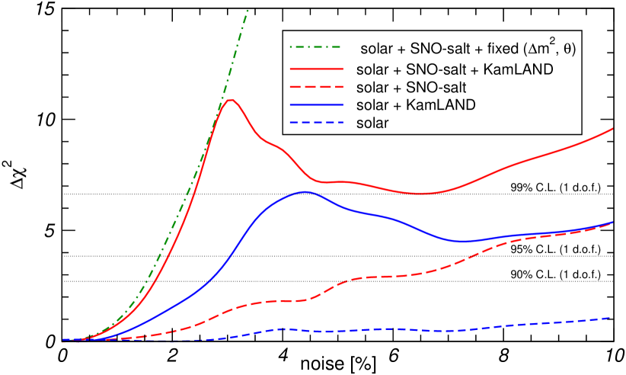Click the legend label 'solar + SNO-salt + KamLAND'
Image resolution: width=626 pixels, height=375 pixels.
coord(454,69)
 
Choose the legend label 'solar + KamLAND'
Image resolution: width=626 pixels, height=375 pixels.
coord(416,104)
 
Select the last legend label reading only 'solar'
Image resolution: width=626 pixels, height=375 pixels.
coord(372,122)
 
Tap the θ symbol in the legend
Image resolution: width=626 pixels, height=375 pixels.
coord(567,49)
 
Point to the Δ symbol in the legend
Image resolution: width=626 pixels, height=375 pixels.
coord(525,49)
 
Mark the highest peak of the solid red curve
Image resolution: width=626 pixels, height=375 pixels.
coord(231,100)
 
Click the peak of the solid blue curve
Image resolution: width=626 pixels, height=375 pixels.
coord(305,191)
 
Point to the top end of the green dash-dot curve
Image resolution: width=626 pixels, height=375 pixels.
coord(248,10)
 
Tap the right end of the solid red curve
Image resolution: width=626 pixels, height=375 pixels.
coord(614,129)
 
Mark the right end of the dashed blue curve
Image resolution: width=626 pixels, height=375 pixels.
coord(612,317)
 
